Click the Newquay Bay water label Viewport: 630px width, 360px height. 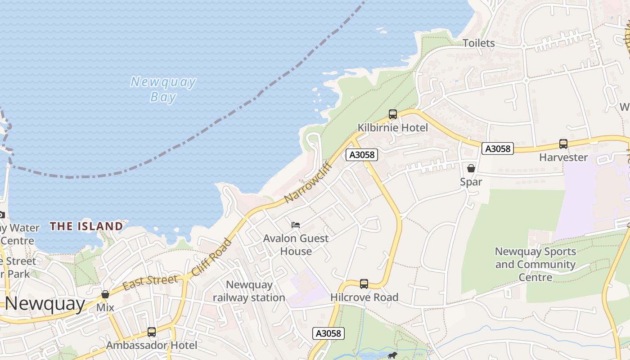pos(163,90)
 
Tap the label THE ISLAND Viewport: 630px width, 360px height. pos(86,226)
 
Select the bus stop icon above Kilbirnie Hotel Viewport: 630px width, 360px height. pos(393,114)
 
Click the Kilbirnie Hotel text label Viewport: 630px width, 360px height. pos(393,128)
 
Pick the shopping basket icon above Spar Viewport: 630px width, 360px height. pos(471,168)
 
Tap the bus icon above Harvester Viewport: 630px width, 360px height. pos(563,144)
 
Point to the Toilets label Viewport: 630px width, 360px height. pos(479,43)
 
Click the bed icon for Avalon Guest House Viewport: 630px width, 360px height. pos(296,225)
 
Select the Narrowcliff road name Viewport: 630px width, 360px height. pos(308,182)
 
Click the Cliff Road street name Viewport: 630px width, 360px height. pos(211,257)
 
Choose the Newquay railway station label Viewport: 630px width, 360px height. pos(249,291)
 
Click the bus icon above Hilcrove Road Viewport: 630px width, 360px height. pos(364,284)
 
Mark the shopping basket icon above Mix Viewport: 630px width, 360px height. pos(105,294)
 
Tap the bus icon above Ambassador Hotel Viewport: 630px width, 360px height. pos(152,332)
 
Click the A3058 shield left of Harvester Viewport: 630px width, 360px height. pos(498,148)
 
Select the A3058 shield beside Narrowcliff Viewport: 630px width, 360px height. pos(362,155)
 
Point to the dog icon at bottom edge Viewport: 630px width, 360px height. pos(392,355)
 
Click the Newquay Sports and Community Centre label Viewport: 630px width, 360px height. pos(535,264)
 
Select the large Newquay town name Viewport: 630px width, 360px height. pos(45,304)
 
